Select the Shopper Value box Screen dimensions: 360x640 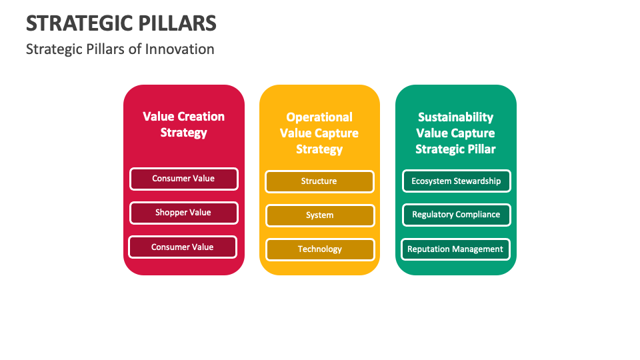[183, 213]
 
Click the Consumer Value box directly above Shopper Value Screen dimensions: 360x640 [183, 179]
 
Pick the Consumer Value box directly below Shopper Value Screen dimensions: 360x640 [183, 247]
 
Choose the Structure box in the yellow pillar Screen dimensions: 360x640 [319, 181]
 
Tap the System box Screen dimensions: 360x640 [319, 215]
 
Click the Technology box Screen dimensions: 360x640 [319, 249]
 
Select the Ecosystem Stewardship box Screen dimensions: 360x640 [456, 181]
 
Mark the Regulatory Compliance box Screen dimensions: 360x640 [456, 215]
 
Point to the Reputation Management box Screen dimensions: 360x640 [455, 249]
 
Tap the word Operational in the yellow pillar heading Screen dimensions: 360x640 [319, 117]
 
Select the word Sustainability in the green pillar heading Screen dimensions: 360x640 [455, 117]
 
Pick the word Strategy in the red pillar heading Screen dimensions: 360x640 [183, 133]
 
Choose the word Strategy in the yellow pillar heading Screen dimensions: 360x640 [319, 149]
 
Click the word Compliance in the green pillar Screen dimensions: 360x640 [478, 215]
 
